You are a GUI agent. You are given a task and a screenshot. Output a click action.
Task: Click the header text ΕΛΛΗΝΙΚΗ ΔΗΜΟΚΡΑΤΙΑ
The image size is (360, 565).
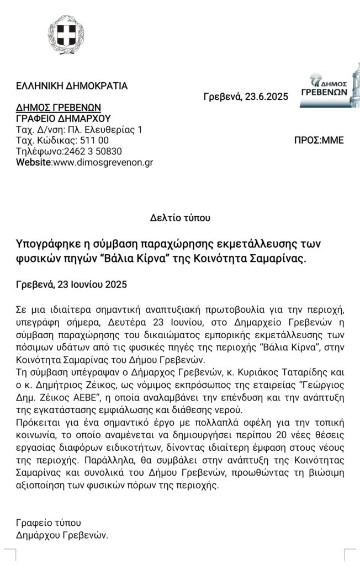click(72, 86)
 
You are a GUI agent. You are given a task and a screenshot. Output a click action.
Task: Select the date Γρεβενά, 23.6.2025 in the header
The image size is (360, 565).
click(246, 97)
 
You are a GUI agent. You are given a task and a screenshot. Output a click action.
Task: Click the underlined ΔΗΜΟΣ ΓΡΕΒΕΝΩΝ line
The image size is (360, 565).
click(59, 108)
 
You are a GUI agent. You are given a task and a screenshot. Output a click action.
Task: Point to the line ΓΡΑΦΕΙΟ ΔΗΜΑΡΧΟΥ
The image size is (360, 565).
click(63, 119)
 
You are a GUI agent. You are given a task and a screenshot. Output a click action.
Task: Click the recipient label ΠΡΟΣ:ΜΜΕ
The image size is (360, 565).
click(319, 141)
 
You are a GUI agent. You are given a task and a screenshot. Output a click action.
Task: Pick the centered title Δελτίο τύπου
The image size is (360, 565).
click(180, 218)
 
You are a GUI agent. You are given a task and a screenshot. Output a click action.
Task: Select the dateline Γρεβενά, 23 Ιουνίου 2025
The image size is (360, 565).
click(72, 285)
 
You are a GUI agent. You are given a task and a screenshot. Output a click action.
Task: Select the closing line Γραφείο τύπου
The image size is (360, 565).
click(49, 523)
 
